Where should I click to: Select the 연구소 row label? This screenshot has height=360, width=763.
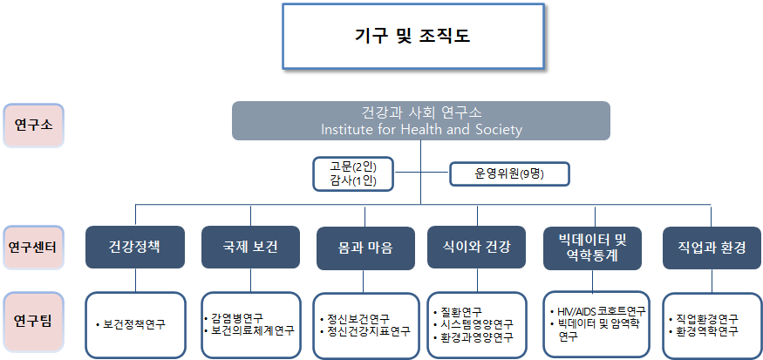pos(32,124)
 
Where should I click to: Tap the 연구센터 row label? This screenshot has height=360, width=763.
pos(32,247)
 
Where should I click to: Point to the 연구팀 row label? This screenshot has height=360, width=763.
pos(32,320)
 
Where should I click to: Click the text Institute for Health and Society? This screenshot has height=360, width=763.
pos(421,130)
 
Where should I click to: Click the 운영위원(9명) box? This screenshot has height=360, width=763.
pos(508,174)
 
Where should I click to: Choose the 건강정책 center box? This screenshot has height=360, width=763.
pos(135,247)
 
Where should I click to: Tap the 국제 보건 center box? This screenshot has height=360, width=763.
pos(250,247)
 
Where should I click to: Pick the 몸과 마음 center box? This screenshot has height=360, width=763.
pos(365,248)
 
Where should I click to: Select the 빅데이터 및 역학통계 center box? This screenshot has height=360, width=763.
pos(591,248)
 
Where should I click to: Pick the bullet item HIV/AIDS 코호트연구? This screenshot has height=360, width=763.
pos(601,311)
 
